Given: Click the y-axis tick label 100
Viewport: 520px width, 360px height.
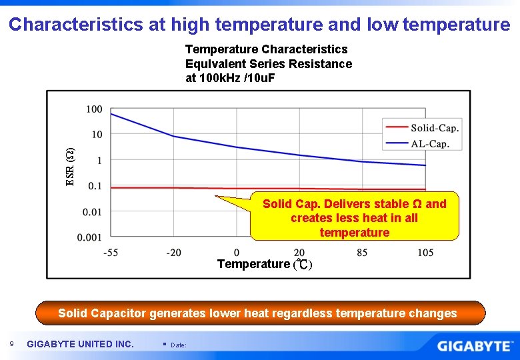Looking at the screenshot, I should (94, 109).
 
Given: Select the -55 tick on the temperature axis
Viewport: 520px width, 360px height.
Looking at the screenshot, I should (111, 253).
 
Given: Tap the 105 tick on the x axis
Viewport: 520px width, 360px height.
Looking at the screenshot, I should (425, 253).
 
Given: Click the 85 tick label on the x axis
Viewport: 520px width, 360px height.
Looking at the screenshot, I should (362, 253).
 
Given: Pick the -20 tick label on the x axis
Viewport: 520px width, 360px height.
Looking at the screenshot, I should (173, 253).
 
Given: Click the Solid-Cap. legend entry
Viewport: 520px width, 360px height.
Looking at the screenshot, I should (434, 128).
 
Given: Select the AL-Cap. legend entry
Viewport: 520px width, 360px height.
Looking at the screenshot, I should (430, 143).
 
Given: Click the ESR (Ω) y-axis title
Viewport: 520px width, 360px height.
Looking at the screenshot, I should (70, 166).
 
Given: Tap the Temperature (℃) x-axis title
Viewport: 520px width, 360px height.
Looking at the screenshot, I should (264, 264).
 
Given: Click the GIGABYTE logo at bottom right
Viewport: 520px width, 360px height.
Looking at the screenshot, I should (475, 346).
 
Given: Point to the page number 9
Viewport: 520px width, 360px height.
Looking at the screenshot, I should (12, 344).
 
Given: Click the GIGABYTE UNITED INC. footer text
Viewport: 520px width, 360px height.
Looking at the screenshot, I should (80, 344).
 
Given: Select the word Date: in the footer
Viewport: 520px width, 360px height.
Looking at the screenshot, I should (179, 345).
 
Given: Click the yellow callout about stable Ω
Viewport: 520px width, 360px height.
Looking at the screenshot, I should (354, 218).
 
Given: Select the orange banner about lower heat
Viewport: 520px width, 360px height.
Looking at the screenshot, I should (257, 313).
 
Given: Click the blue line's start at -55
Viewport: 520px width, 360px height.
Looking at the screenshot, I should (111, 114).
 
